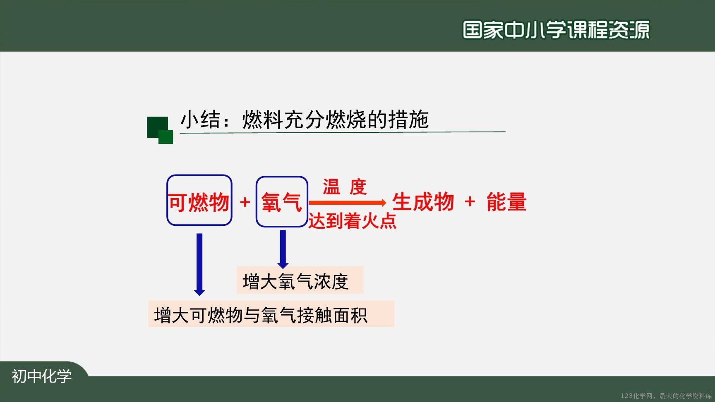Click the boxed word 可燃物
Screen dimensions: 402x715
click(x=199, y=202)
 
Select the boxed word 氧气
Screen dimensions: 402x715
click(x=281, y=202)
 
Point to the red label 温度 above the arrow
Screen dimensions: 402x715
click(x=345, y=187)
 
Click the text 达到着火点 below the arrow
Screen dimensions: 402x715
click(x=352, y=220)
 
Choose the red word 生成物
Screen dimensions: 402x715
click(x=423, y=202)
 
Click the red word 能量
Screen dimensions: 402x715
click(x=506, y=202)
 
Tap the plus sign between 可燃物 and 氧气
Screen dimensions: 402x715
click(x=245, y=202)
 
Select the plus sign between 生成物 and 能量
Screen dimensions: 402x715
click(x=470, y=202)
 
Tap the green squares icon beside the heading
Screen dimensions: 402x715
click(x=160, y=130)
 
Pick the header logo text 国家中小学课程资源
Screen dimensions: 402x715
click(x=556, y=30)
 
